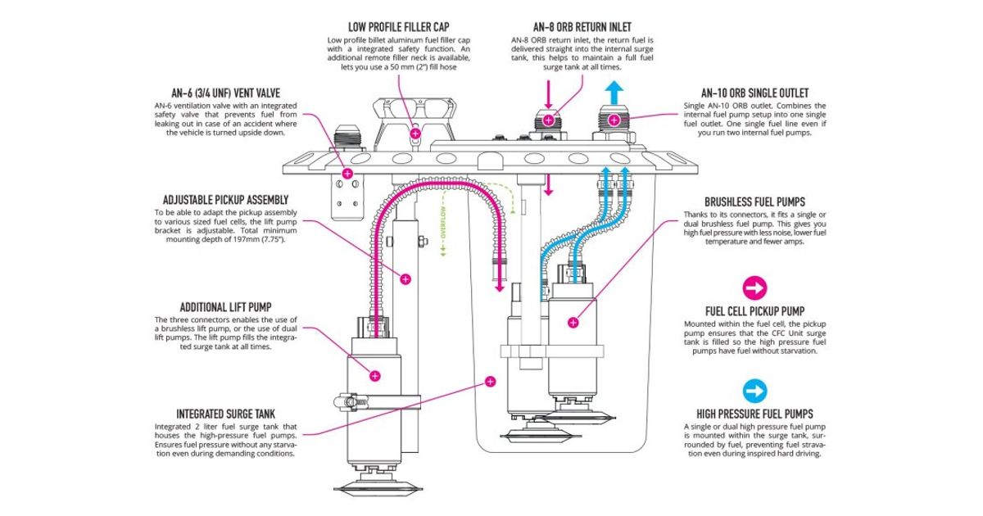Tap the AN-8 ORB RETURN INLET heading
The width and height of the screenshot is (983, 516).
pyautogui.click(x=582, y=26)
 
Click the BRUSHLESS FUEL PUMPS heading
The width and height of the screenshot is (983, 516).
pyautogui.click(x=754, y=201)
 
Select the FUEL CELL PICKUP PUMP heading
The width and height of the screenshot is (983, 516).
pyautogui.click(x=754, y=311)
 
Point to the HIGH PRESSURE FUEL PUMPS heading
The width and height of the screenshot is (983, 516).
pyautogui.click(x=754, y=414)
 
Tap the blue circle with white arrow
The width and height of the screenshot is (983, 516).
pyautogui.click(x=754, y=390)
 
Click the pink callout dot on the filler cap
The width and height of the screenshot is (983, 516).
pyautogui.click(x=415, y=132)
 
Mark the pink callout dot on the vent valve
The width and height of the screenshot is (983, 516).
pyautogui.click(x=348, y=174)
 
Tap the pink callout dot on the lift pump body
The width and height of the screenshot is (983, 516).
pyautogui.click(x=375, y=376)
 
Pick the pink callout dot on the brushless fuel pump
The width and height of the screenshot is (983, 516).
pyautogui.click(x=573, y=323)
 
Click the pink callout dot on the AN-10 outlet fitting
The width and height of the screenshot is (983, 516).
pyautogui.click(x=636, y=120)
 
